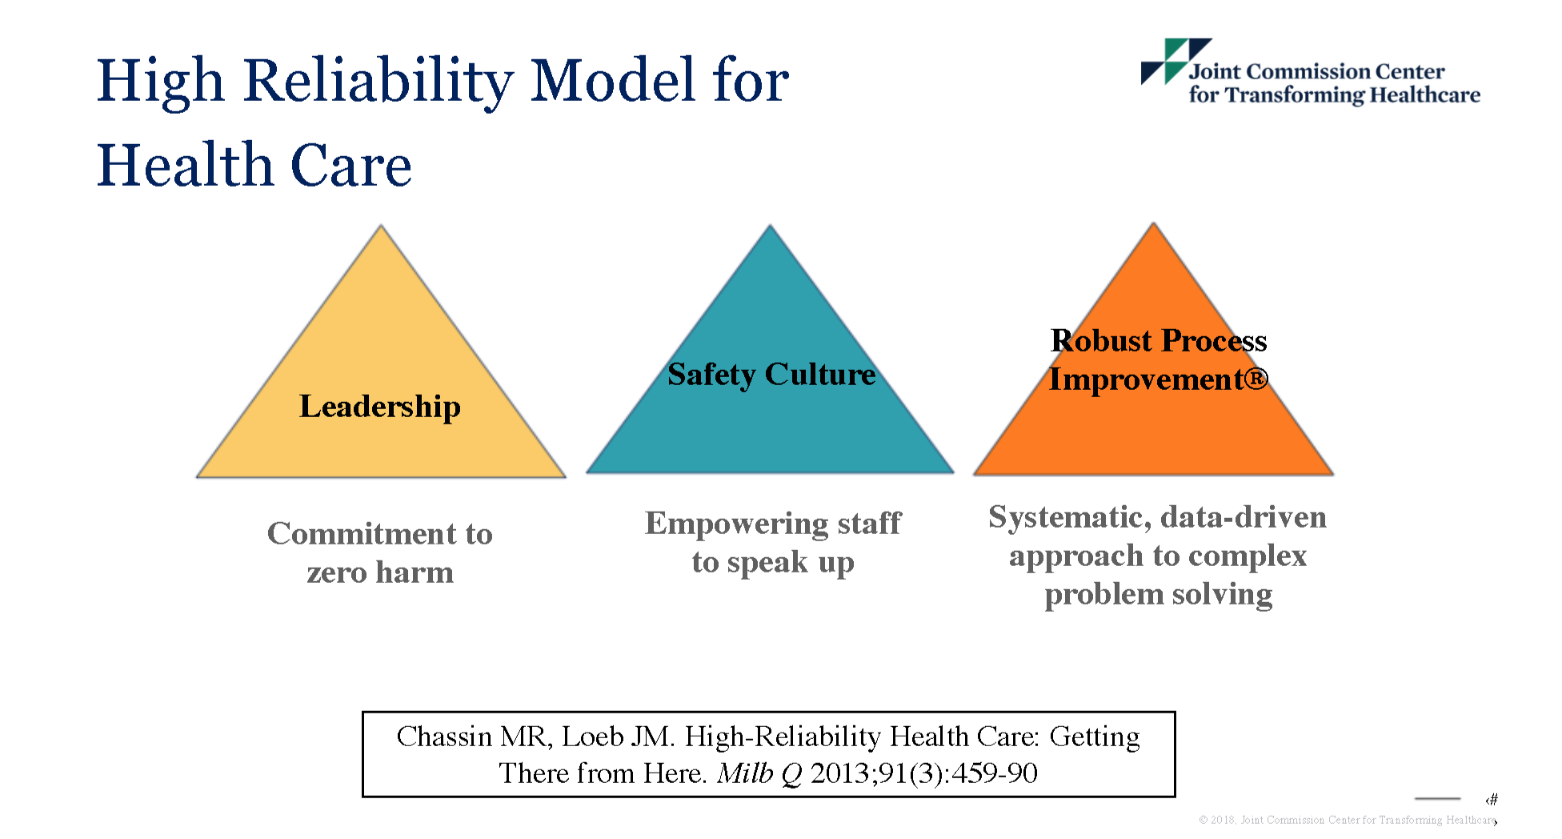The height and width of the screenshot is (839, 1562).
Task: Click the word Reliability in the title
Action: tap(378, 82)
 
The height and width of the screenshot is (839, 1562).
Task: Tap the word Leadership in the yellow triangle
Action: tap(380, 407)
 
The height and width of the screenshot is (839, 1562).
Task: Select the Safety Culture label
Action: tap(771, 375)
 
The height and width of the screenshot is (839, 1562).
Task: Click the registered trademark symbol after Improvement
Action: tap(1256, 378)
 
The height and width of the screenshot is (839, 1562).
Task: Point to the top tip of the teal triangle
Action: tap(770, 225)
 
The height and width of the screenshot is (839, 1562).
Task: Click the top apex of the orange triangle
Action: tap(1153, 223)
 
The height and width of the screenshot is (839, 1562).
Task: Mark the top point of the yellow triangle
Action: tap(381, 225)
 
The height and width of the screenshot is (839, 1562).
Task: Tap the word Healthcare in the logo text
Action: tap(1424, 95)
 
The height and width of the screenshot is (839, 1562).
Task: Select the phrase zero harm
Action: tap(380, 572)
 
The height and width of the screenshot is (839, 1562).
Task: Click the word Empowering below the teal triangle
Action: tap(737, 524)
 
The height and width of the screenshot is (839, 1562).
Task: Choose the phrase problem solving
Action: tap(1159, 595)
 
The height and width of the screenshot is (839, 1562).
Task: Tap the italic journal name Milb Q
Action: tap(759, 773)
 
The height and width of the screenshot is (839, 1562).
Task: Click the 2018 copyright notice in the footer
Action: tap(1347, 820)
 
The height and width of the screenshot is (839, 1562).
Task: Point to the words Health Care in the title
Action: tap(254, 166)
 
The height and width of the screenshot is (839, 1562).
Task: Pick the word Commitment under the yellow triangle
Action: tap(358, 534)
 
